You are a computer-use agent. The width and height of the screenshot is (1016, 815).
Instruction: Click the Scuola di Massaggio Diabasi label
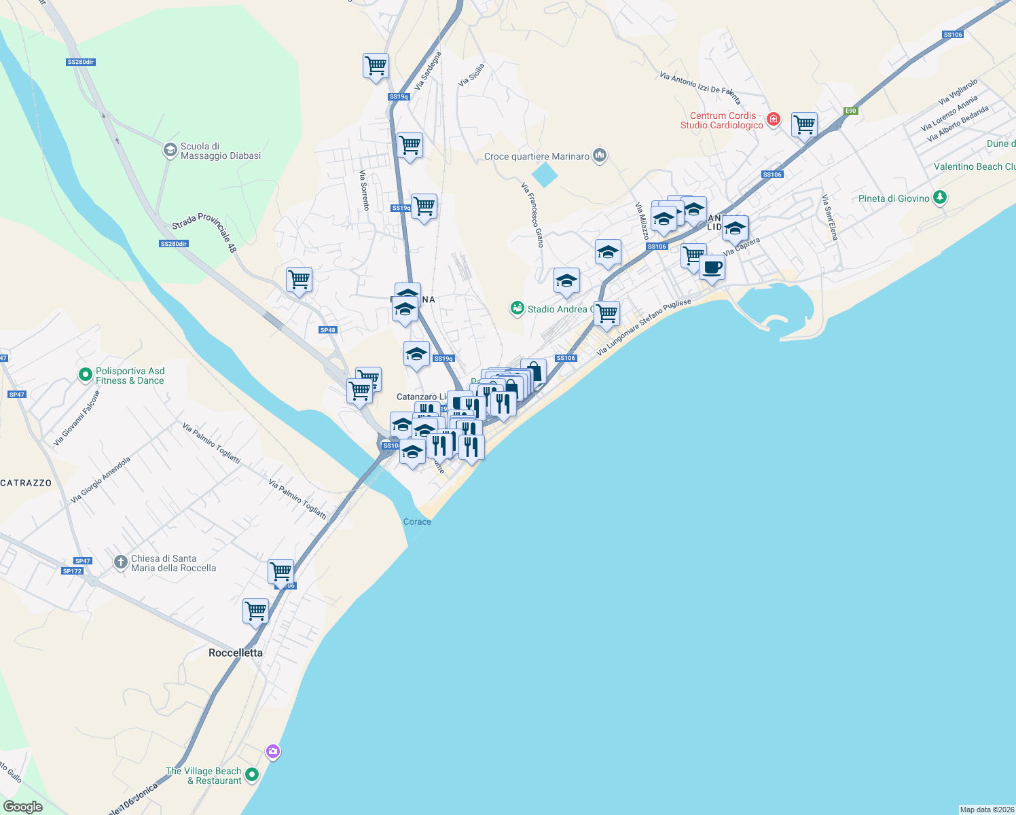click(x=220, y=151)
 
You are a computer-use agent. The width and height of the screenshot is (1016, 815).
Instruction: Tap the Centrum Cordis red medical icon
click(x=773, y=120)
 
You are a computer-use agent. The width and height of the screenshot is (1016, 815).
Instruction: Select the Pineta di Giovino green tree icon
click(x=940, y=198)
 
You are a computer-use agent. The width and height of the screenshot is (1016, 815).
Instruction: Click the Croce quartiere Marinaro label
click(x=537, y=156)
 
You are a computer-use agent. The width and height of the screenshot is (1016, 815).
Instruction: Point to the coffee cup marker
click(x=712, y=267)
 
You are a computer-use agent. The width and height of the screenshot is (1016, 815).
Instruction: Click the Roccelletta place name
click(x=235, y=653)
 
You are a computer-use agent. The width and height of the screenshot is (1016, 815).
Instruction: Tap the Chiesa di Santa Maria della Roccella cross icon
click(x=120, y=562)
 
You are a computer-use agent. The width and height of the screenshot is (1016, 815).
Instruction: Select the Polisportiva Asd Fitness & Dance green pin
click(x=85, y=374)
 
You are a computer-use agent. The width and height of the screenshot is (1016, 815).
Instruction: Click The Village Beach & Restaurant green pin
click(x=252, y=774)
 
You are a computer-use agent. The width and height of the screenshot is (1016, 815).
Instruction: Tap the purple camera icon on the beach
click(x=273, y=751)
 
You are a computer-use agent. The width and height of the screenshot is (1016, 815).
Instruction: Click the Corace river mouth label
click(x=417, y=522)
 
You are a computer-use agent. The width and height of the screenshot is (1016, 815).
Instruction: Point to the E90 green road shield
click(x=850, y=111)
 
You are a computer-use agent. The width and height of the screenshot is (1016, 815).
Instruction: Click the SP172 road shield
click(x=72, y=571)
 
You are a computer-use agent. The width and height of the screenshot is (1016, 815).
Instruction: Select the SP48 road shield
click(x=327, y=330)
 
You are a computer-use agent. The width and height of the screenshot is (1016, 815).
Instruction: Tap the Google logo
click(x=22, y=807)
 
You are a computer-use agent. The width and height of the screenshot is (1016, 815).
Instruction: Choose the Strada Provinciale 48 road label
click(x=204, y=232)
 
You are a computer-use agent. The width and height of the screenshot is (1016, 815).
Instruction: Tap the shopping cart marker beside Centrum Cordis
click(x=804, y=124)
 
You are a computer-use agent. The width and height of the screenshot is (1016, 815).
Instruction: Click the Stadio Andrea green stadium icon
click(x=518, y=309)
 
